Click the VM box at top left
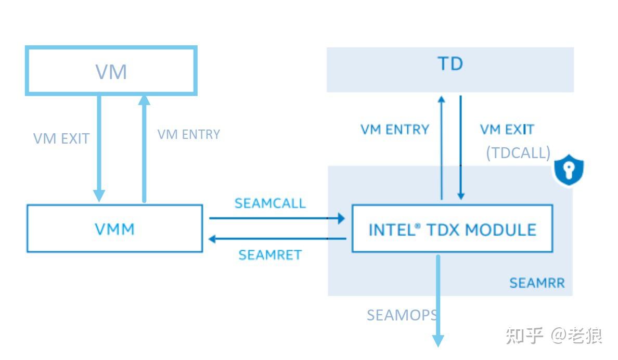111,71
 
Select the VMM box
114,228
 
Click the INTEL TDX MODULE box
452,229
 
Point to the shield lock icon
569,171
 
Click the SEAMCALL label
270,203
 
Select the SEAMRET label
270,255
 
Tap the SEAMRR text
537,283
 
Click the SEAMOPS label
402,315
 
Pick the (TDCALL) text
518,152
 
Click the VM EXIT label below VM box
61,138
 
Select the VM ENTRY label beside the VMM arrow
189,134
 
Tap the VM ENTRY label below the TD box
395,129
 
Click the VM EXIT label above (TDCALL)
507,129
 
